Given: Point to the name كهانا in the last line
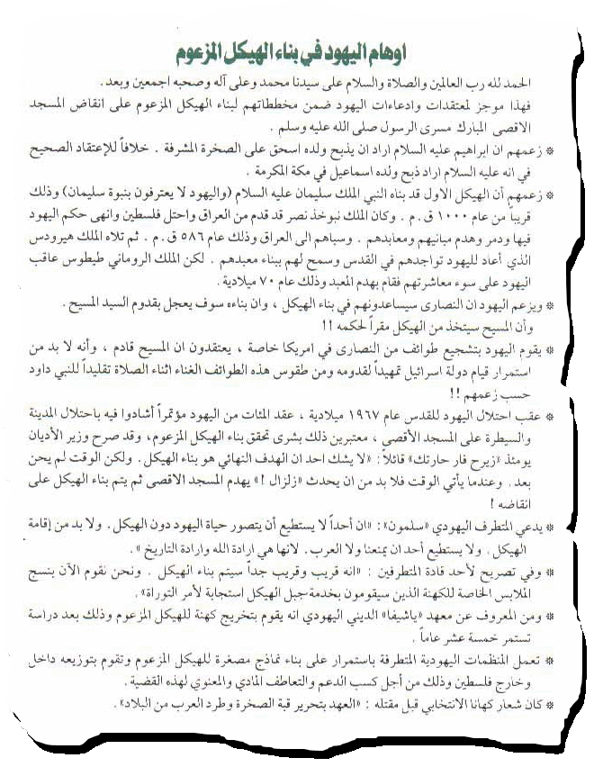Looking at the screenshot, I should click(501, 706).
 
